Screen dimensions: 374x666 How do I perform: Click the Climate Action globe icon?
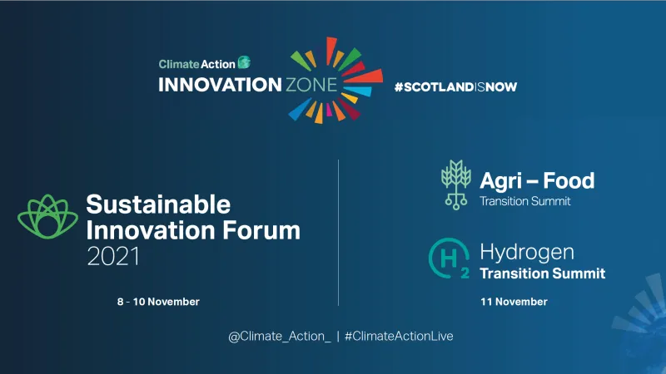click(x=244, y=62)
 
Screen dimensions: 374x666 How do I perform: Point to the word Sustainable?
click(x=158, y=204)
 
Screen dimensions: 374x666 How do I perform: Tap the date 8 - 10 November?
click(x=158, y=301)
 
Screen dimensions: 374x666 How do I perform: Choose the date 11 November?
click(x=514, y=302)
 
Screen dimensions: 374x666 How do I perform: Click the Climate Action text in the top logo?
click(x=196, y=63)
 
